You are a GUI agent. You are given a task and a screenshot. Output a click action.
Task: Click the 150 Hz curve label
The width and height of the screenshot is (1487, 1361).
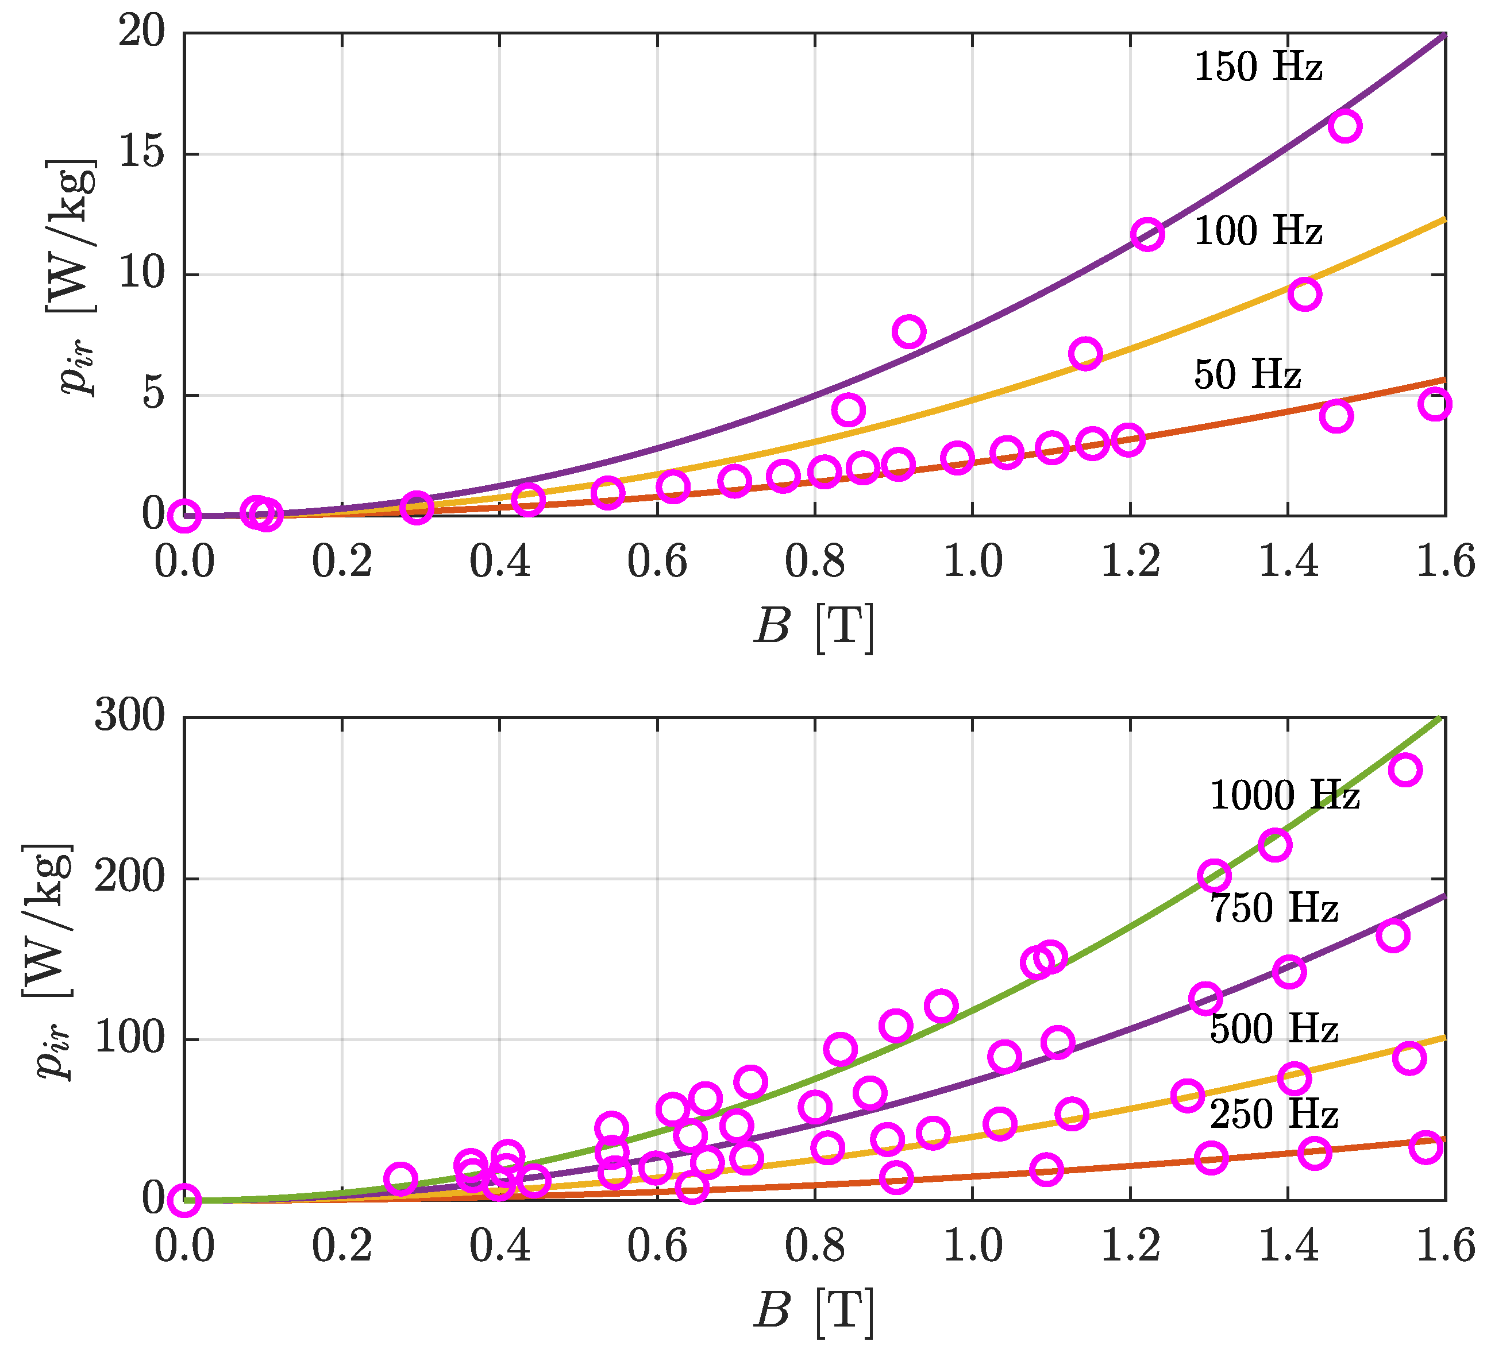pos(1258,67)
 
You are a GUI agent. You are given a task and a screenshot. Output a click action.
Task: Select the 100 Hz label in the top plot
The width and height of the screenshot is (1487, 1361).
pos(1258,231)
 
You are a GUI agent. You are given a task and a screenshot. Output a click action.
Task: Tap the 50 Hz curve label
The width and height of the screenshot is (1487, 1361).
pos(1247,374)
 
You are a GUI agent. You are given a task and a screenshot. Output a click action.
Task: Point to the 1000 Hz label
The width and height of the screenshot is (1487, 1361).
pos(1285,795)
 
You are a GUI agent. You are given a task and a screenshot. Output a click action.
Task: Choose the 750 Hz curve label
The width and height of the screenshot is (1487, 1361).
pos(1274,907)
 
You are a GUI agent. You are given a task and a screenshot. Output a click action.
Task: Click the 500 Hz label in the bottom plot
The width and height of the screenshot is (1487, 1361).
pos(1274,1029)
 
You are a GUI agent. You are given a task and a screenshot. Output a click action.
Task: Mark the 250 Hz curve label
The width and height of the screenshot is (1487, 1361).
pos(1274,1113)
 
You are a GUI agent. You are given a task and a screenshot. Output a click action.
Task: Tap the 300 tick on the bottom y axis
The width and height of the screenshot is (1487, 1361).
pos(130,715)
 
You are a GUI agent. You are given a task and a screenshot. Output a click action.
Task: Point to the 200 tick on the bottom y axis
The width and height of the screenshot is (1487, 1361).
pos(130,877)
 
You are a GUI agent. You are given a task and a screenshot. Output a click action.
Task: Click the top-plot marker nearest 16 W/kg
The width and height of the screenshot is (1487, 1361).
pos(1345,126)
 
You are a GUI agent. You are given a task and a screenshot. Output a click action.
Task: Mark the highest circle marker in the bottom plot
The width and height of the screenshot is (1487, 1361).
pos(1405,770)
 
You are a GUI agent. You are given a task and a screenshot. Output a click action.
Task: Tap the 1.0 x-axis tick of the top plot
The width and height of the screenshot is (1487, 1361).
pos(972,562)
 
